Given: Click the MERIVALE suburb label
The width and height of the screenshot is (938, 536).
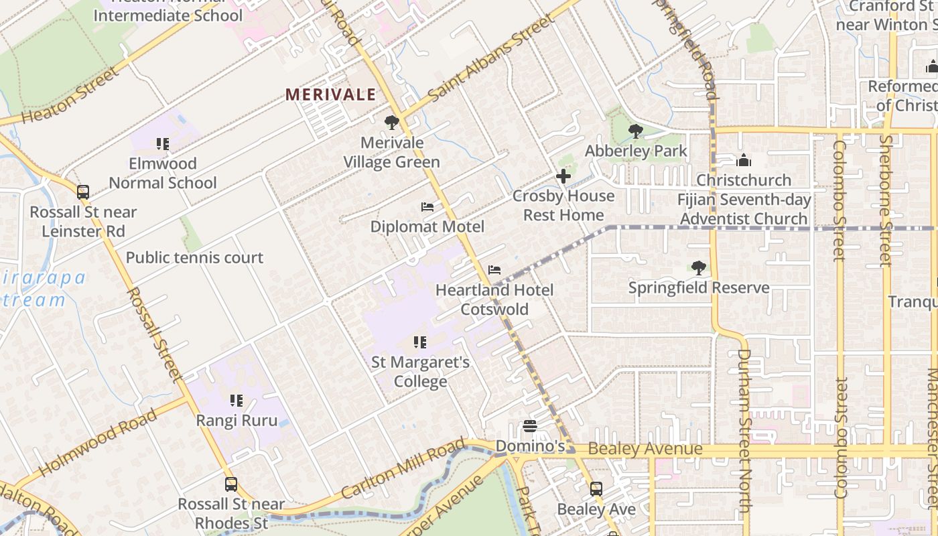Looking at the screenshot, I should (330, 94).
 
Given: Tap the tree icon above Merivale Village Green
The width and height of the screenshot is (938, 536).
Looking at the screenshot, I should (392, 123).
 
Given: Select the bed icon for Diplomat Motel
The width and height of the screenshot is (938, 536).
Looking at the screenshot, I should (427, 207).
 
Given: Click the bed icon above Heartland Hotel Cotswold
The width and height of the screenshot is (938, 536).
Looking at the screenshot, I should (494, 270).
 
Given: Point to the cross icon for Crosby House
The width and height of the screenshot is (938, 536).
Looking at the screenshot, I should (563, 176).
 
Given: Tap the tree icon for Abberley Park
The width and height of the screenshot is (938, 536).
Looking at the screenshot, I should (635, 131).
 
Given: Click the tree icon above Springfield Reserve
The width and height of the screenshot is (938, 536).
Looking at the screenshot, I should (698, 268).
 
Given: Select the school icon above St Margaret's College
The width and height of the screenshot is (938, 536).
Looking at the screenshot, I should (420, 342).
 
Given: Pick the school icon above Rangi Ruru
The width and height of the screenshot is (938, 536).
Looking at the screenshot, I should (237, 401).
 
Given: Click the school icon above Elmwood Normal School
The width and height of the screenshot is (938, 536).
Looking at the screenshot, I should (163, 143).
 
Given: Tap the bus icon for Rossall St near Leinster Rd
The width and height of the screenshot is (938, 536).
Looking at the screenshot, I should (83, 192).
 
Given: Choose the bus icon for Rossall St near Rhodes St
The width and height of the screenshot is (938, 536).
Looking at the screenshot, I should (231, 484).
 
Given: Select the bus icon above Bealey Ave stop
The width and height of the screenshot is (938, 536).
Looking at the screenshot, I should (596, 489).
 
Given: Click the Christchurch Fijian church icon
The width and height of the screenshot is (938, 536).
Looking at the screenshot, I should (743, 160).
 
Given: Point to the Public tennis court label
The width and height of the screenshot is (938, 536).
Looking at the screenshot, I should (194, 257).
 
